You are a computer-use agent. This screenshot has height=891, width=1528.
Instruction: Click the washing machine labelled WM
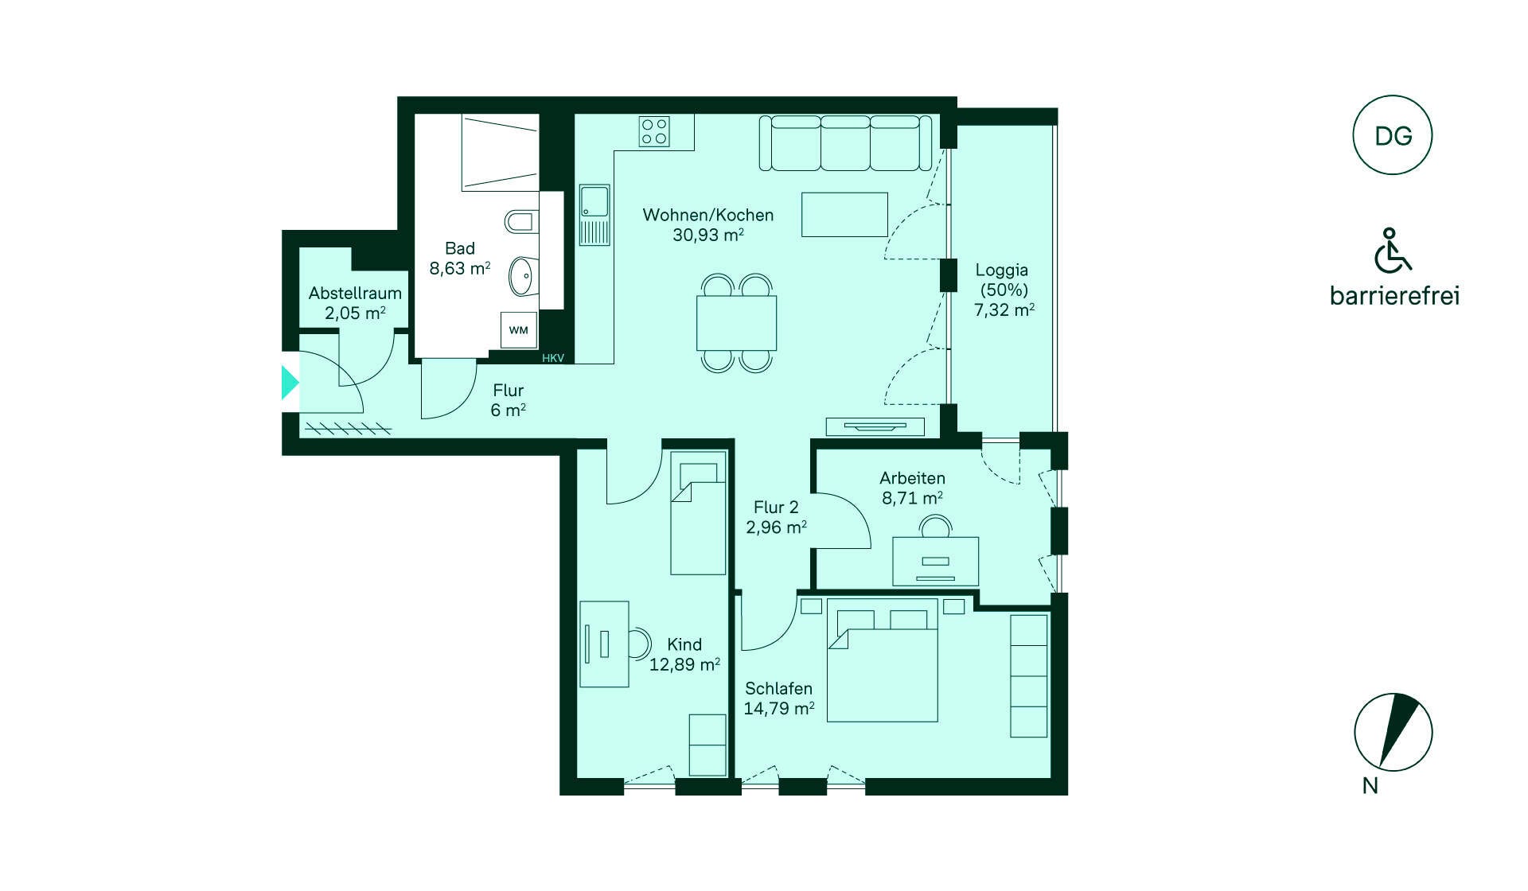518,330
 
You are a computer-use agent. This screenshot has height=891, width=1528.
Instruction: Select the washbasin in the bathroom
523,276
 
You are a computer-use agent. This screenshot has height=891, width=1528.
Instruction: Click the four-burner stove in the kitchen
654,132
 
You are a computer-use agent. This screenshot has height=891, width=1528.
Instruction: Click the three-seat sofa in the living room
845,143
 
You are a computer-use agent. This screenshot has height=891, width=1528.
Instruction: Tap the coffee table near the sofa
844,215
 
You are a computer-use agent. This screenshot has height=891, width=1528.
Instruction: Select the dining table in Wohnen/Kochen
736,323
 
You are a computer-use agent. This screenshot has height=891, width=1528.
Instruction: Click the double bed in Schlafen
882,660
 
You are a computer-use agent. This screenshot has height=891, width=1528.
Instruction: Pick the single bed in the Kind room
698,513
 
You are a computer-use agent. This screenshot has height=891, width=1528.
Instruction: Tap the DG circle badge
1393,135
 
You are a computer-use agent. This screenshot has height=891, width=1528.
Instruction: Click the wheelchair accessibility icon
1392,250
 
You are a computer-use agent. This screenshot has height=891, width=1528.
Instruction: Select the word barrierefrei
1394,296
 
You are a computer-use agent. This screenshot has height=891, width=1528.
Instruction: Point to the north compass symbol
1394,732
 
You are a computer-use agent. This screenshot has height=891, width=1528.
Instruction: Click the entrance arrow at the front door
290,382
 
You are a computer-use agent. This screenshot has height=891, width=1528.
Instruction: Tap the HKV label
553,358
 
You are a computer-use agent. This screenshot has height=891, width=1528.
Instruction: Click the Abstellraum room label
355,293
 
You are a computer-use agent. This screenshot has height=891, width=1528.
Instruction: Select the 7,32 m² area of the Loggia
1004,309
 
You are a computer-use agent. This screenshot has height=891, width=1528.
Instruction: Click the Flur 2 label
776,507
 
